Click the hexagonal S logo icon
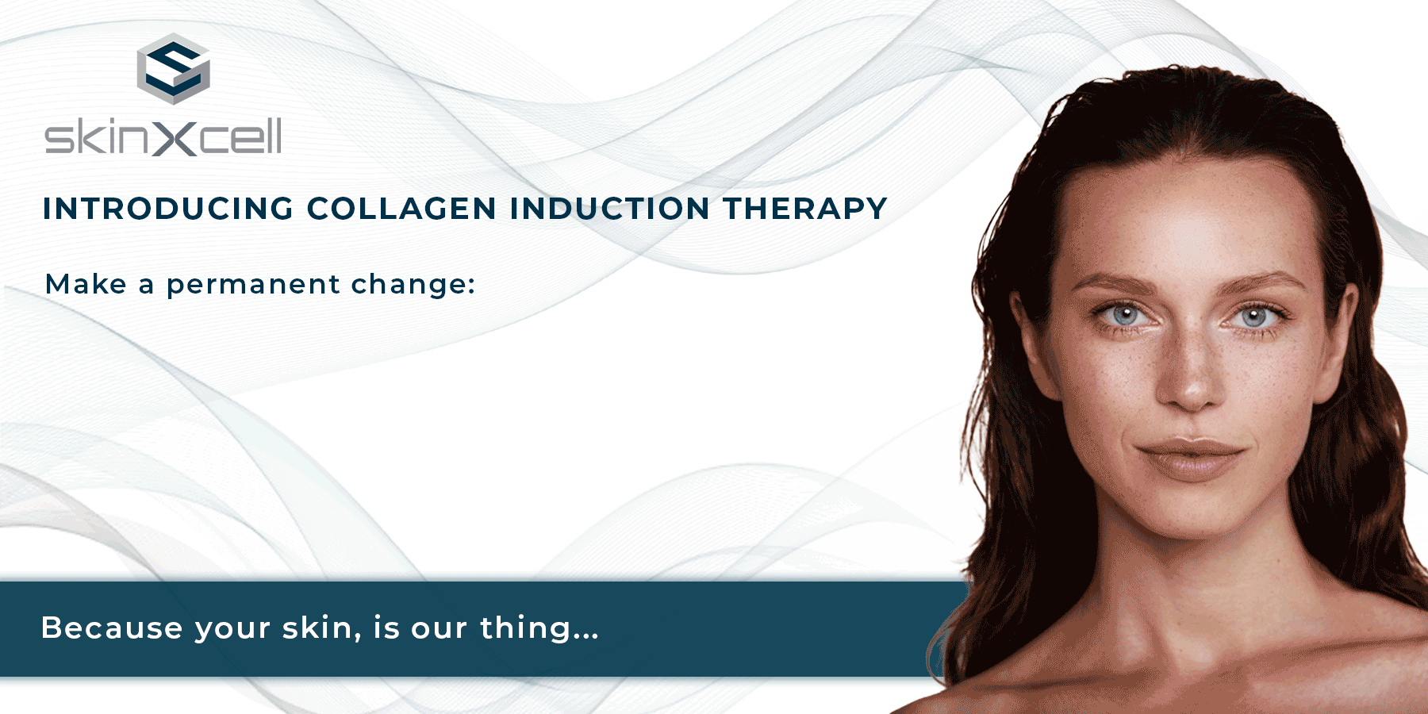pos(173,69)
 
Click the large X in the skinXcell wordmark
pos(173,136)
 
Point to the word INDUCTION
pos(610,209)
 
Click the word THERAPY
pos(804,209)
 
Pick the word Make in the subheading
pos(86,284)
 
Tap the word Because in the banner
pos(112,628)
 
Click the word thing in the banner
pos(526,628)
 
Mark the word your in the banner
pos(232,630)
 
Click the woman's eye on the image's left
pos(1126,316)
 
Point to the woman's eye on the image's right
pos(1254,318)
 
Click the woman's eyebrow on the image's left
pos(1111,283)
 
